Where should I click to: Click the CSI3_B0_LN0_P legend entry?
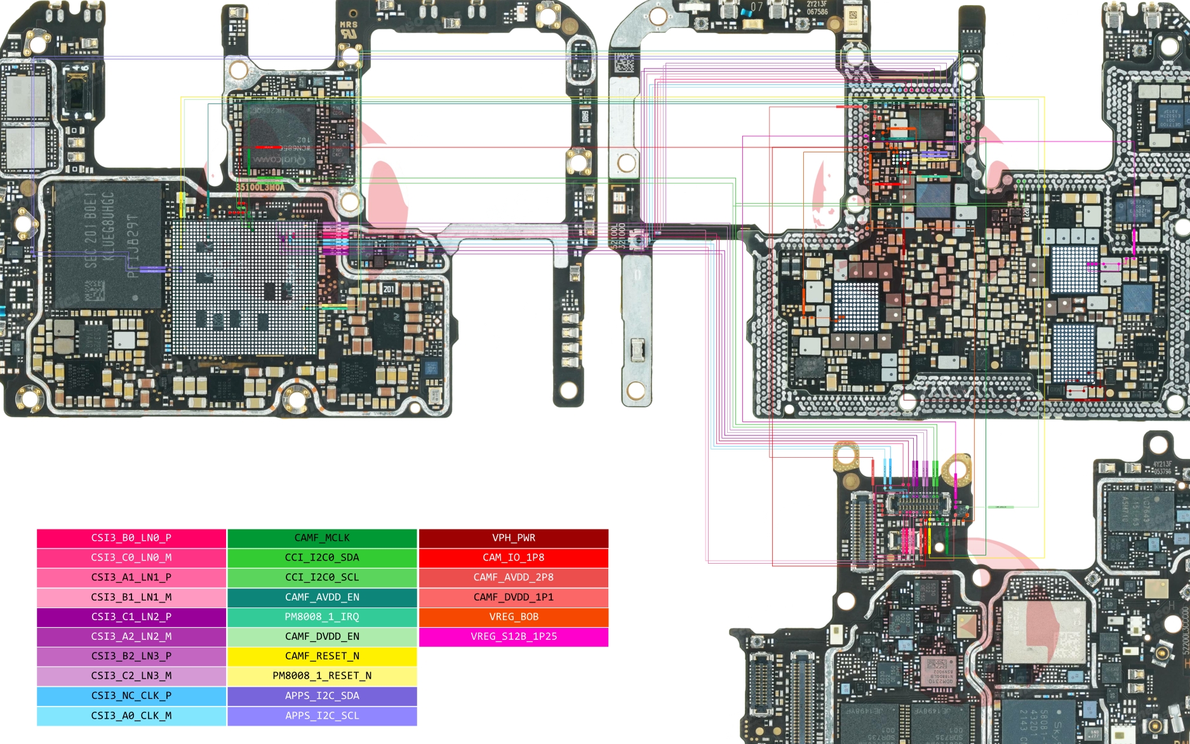click(131, 538)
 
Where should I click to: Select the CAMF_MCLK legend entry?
click(322, 538)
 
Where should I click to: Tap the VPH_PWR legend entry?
click(513, 538)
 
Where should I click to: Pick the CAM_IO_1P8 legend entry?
click(513, 557)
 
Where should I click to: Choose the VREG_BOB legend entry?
click(513, 616)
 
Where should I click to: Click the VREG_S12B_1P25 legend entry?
click(513, 636)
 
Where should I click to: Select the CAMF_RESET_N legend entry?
click(322, 656)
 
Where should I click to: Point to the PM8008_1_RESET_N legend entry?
click(322, 675)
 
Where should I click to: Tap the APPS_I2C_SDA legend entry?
click(322, 696)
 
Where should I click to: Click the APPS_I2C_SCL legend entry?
click(322, 715)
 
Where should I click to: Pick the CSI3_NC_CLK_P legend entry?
click(131, 696)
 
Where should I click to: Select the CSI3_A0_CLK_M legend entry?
click(131, 715)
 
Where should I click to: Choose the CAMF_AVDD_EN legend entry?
click(322, 597)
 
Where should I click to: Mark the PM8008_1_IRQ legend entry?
click(322, 616)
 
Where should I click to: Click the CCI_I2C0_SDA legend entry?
click(322, 557)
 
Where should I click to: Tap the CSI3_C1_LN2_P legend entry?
click(131, 616)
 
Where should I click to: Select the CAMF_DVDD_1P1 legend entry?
click(513, 597)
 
